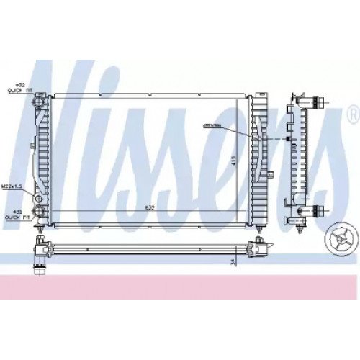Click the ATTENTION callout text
coord(212,125)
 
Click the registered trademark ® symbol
coord(351,114)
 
